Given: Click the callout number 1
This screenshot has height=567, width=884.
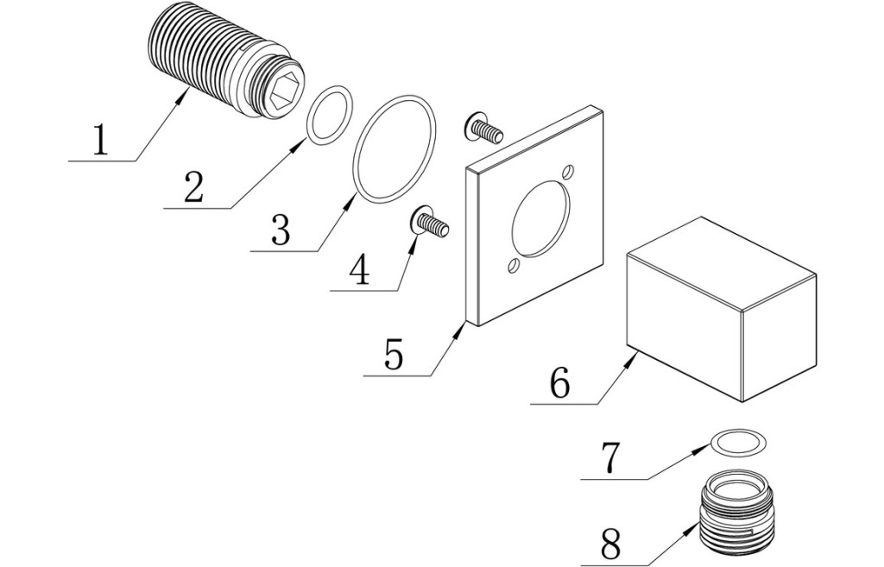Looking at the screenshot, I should pyautogui.click(x=101, y=141).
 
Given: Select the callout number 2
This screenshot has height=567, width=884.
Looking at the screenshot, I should pyautogui.click(x=193, y=186).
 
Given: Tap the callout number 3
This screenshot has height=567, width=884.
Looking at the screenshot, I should pyautogui.click(x=280, y=230).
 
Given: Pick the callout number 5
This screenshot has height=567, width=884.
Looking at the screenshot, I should pyautogui.click(x=394, y=355).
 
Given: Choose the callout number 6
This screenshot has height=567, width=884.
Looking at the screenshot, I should pyautogui.click(x=559, y=383).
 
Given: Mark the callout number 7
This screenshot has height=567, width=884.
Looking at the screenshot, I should pyautogui.click(x=609, y=458).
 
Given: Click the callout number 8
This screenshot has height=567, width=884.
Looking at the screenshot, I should pyautogui.click(x=610, y=544).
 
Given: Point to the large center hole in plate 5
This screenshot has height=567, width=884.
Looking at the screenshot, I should pyautogui.click(x=541, y=217).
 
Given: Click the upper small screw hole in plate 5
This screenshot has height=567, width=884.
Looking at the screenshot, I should pyautogui.click(x=568, y=172).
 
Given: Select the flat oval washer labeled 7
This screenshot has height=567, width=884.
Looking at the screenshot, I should pyautogui.click(x=737, y=443).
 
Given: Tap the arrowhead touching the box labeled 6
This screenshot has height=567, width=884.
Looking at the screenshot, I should pyautogui.click(x=634, y=356).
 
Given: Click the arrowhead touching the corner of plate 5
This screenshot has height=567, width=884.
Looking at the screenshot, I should pyautogui.click(x=462, y=330).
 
